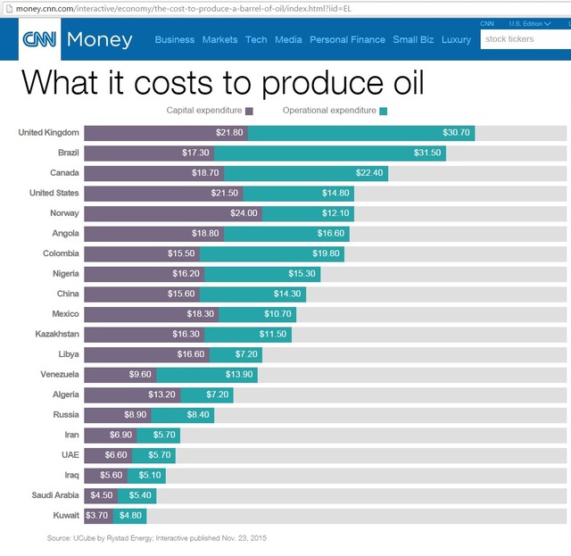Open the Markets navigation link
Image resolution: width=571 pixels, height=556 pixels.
[x=219, y=40]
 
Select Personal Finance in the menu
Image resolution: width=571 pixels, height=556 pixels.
[x=347, y=40]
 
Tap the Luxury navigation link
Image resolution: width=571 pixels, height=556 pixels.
[x=456, y=40]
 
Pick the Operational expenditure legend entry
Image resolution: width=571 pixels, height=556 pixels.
[x=335, y=112]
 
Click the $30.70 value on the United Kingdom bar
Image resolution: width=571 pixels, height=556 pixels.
[x=456, y=133]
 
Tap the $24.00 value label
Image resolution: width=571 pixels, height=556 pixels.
[x=243, y=213]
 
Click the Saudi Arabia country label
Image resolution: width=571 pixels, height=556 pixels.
[x=54, y=495]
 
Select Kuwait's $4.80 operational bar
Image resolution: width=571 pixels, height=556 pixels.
[x=132, y=516]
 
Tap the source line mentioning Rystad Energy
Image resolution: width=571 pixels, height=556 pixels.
[x=157, y=538]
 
